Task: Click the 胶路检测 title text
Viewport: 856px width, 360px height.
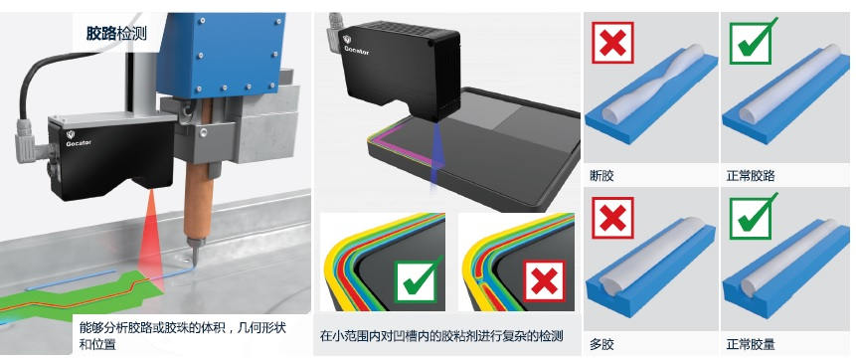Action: pyautogui.click(x=116, y=34)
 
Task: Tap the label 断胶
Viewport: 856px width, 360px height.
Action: pyautogui.click(x=601, y=176)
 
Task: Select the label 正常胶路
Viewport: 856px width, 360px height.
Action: pyautogui.click(x=751, y=176)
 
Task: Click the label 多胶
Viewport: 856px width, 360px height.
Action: pyautogui.click(x=601, y=345)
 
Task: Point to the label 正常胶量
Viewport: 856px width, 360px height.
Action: pyautogui.click(x=751, y=345)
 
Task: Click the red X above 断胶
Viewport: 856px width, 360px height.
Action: pyautogui.click(x=612, y=43)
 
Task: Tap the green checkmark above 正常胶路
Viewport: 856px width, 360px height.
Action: pyautogui.click(x=754, y=41)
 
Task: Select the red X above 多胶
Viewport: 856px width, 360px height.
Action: pyautogui.click(x=612, y=218)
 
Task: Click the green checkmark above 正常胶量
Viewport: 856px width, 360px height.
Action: pyautogui.click(x=754, y=216)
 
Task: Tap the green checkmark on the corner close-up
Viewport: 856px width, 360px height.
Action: pyautogui.click(x=418, y=279)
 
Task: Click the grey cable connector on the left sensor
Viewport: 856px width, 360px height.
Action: pyautogui.click(x=27, y=142)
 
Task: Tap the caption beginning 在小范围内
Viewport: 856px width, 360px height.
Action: pyautogui.click(x=441, y=335)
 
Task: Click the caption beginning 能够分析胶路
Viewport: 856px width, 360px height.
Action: pyautogui.click(x=182, y=336)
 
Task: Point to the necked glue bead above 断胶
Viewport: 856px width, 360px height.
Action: pyautogui.click(x=652, y=83)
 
